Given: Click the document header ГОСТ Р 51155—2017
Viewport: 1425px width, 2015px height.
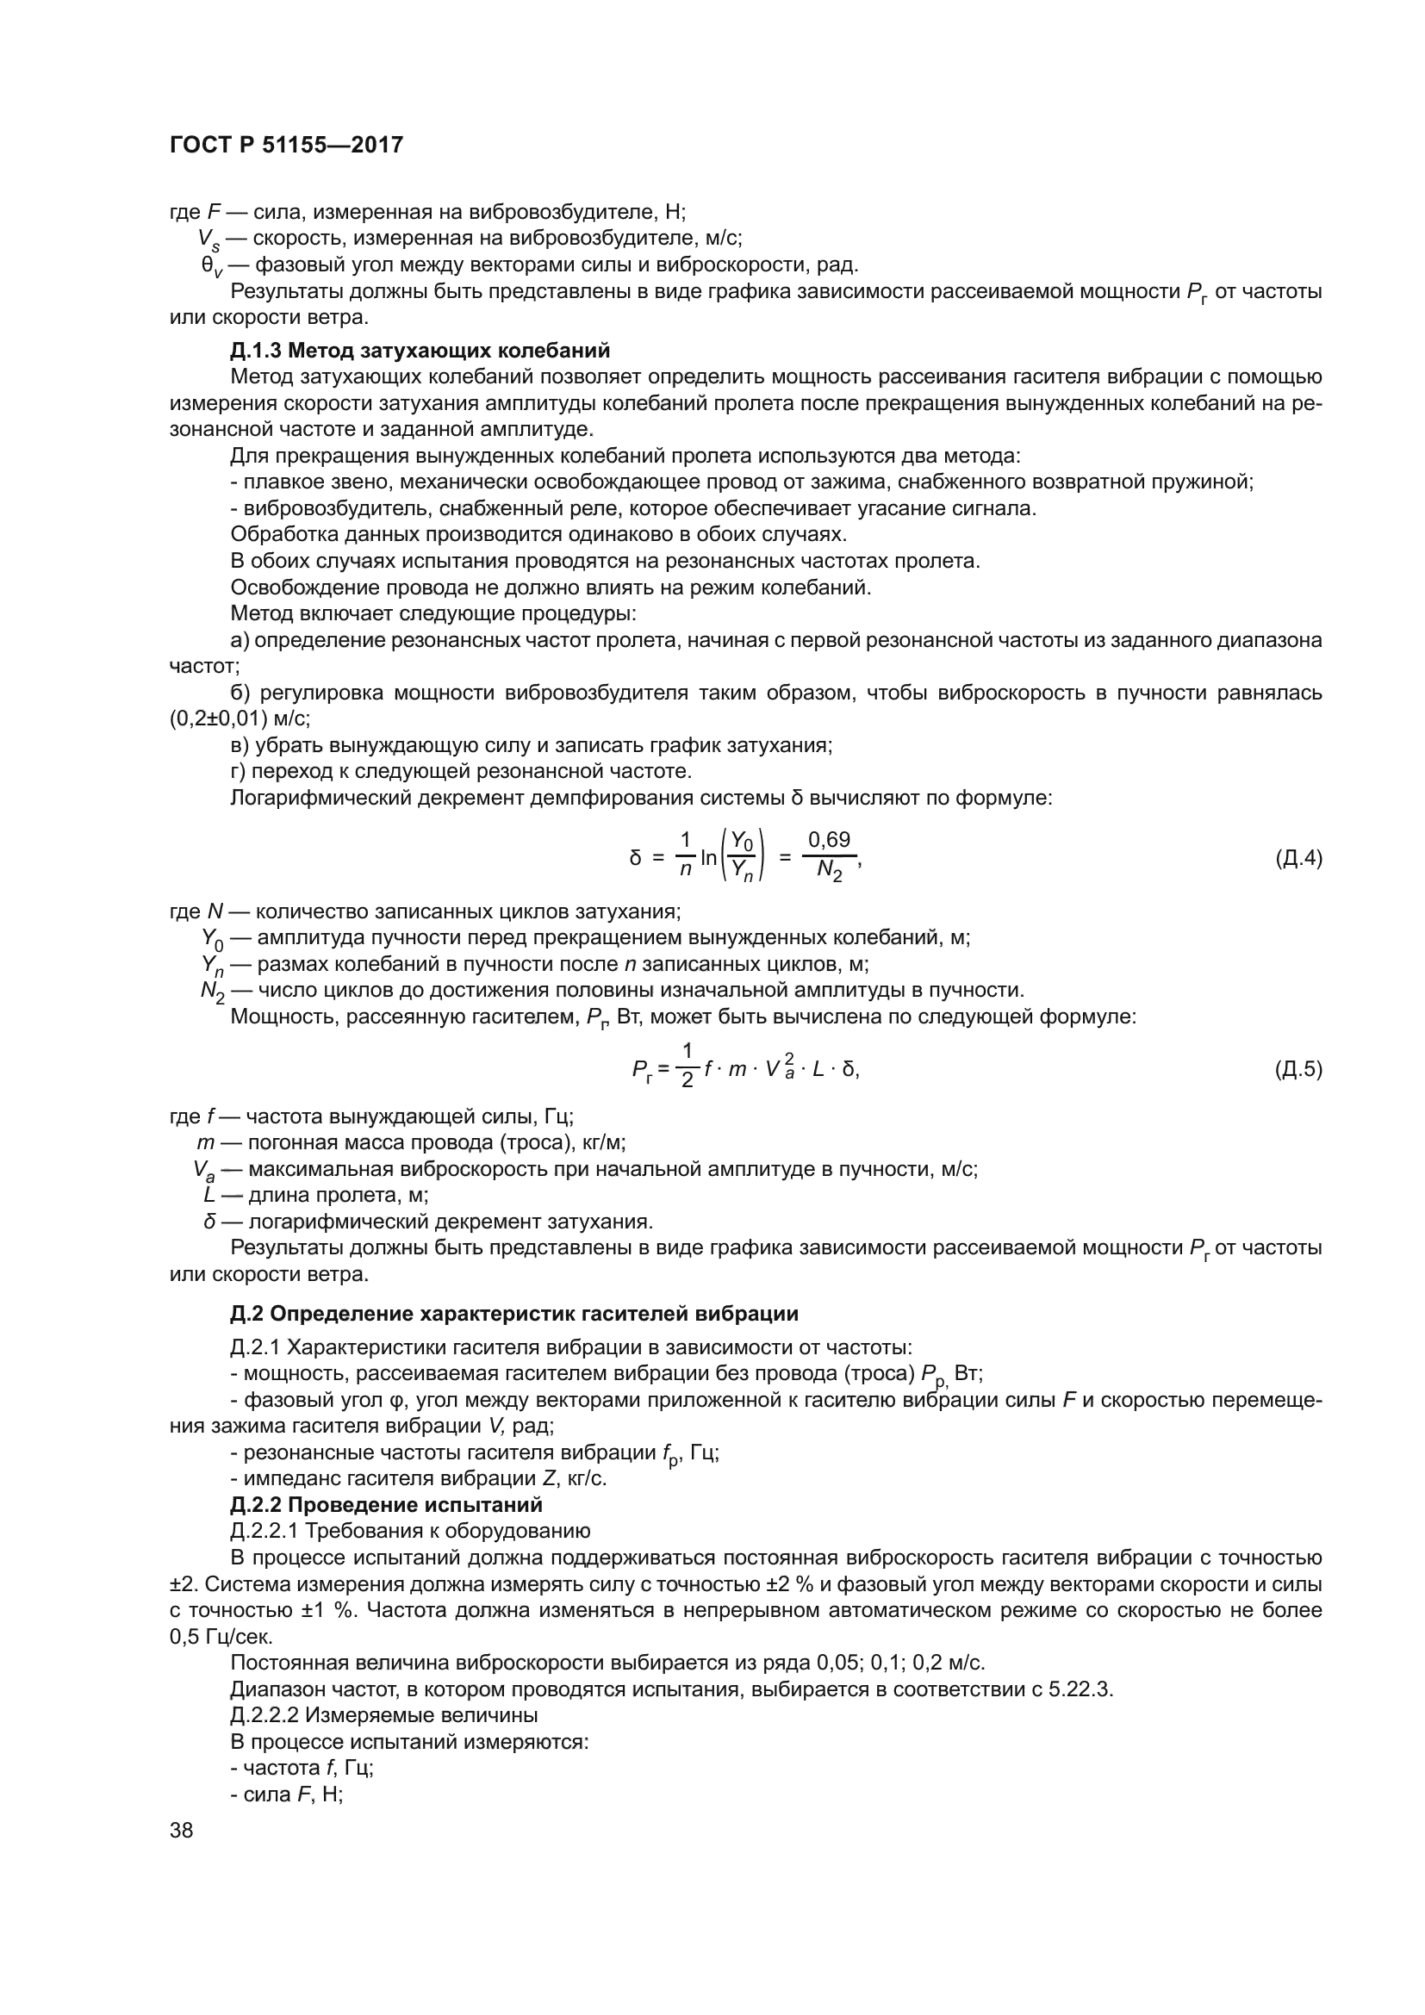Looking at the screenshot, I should click(x=286, y=146).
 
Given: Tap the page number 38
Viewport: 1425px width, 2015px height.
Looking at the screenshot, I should click(x=182, y=1830).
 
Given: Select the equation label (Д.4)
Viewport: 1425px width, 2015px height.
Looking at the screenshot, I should click(x=1297, y=858).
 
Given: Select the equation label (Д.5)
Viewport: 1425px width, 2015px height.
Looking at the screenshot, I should click(x=1297, y=1069).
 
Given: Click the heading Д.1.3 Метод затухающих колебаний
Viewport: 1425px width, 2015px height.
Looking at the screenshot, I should click(x=420, y=351).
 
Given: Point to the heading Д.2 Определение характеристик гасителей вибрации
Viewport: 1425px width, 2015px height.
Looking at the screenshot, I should click(x=514, y=1314).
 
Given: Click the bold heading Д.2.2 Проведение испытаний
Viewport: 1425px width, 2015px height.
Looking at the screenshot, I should click(x=386, y=1505).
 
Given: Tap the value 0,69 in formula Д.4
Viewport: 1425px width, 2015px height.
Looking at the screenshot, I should click(x=828, y=840).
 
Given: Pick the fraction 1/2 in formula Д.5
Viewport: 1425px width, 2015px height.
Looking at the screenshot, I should click(x=687, y=1066).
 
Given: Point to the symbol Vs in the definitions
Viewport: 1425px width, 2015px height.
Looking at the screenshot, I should click(x=208, y=239).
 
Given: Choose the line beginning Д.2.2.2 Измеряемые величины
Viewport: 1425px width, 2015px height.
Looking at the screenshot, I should click(x=383, y=1715).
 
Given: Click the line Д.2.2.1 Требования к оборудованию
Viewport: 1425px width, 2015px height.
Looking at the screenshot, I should click(x=410, y=1532).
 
